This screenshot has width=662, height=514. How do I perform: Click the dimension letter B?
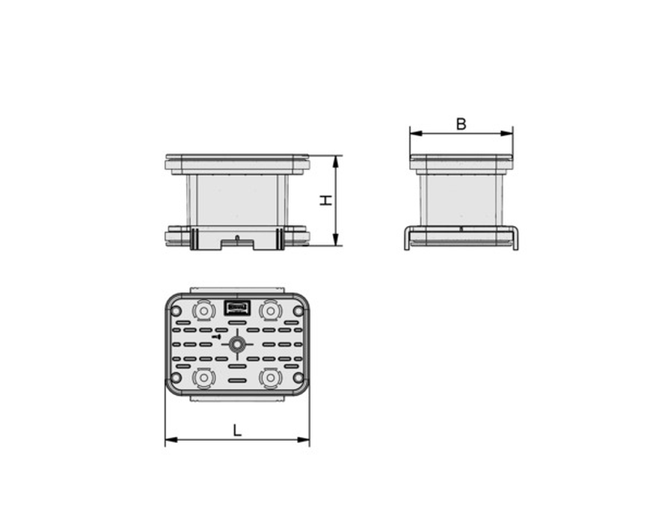click(461, 124)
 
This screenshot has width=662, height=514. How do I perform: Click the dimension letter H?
click(325, 201)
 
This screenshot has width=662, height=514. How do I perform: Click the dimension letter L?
click(237, 431)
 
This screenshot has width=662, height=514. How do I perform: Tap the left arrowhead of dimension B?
click(416, 133)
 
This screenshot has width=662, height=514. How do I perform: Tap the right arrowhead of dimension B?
click(506, 133)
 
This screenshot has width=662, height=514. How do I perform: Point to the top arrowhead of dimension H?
click(336, 162)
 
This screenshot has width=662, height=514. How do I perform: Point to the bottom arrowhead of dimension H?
click(336, 239)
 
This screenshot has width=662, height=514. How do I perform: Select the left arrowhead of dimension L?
click(171, 440)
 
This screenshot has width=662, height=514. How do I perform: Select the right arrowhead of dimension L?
click(304, 440)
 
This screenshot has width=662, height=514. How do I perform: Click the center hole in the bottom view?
click(237, 345)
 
